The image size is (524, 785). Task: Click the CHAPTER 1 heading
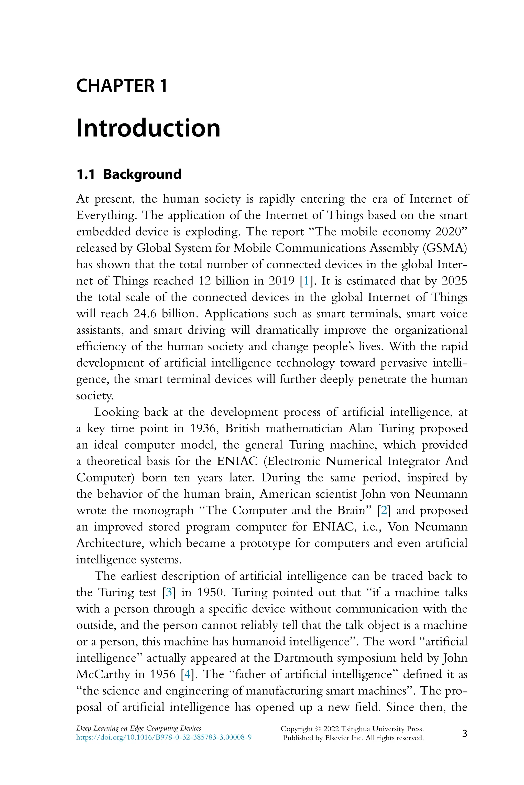click(122, 86)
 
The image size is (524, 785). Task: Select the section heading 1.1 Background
click(129, 174)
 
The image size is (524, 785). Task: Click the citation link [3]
click(169, 592)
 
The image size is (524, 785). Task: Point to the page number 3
click(465, 734)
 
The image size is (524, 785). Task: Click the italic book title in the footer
click(139, 729)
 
